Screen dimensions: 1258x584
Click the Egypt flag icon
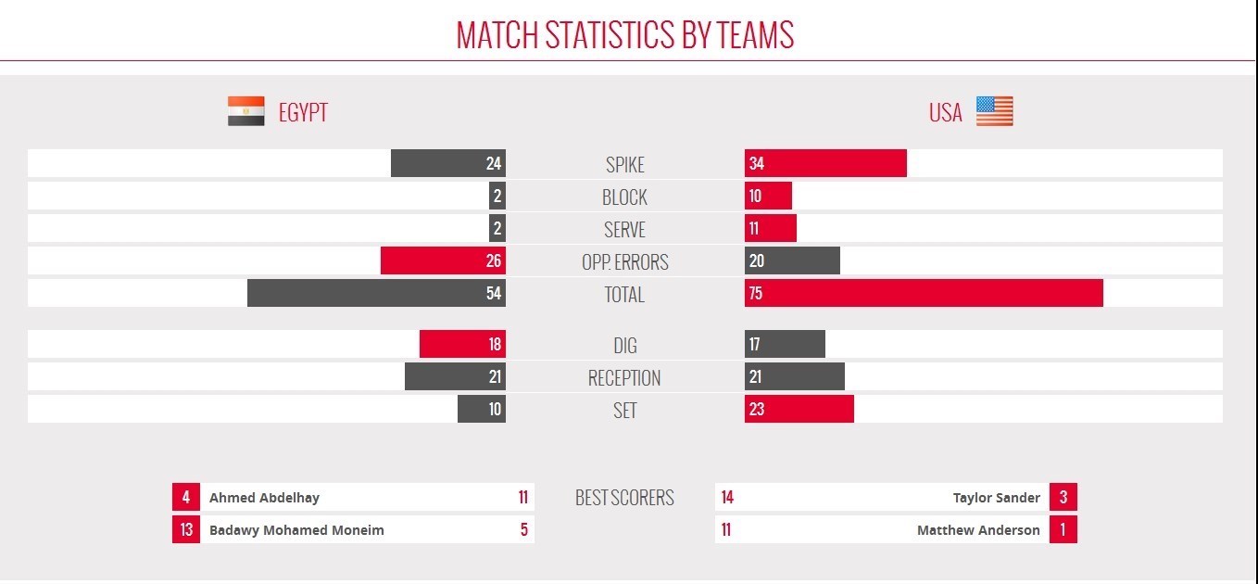pyautogui.click(x=246, y=110)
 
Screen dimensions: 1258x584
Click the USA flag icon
pyautogui.click(x=995, y=110)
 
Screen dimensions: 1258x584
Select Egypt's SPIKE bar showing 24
pyautogui.click(x=448, y=163)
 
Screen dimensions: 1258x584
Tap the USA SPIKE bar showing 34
pyautogui.click(x=825, y=163)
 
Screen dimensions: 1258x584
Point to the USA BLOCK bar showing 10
pyautogui.click(x=768, y=196)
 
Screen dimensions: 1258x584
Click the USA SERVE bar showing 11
pyautogui.click(x=771, y=228)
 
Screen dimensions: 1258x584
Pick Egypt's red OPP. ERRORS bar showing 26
pyautogui.click(x=443, y=260)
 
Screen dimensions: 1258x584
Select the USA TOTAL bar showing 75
pyautogui.click(x=924, y=293)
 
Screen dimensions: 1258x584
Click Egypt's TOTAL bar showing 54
pyautogui.click(x=376, y=293)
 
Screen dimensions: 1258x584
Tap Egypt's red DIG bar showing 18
pyautogui.click(x=463, y=344)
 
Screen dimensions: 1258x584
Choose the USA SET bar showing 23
pyautogui.click(x=799, y=409)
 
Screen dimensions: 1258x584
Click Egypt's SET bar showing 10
pyautogui.click(x=482, y=409)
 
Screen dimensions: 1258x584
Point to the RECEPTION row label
pyautogui.click(x=624, y=377)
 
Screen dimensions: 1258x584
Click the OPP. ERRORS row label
pyautogui.click(x=625, y=262)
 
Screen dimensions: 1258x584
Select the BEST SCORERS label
pyautogui.click(x=624, y=498)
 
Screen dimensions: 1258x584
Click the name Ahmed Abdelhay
pyautogui.click(x=264, y=498)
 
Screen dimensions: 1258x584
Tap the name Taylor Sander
pyautogui.click(x=996, y=498)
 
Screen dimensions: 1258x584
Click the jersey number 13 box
pyautogui.click(x=186, y=529)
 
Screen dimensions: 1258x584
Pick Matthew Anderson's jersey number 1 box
pyautogui.click(x=1063, y=529)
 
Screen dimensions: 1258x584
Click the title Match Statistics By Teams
pyautogui.click(x=625, y=35)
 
